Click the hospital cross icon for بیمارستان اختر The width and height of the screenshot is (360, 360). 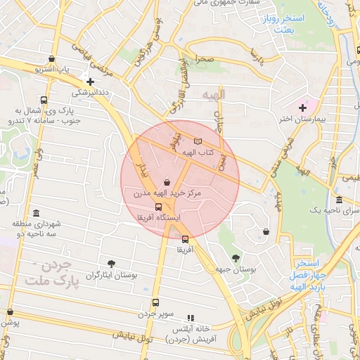pyautogui.click(x=302, y=108)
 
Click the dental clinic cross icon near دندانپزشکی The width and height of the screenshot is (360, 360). pyautogui.click(x=90, y=82)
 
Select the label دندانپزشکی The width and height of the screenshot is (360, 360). pyautogui.click(x=91, y=92)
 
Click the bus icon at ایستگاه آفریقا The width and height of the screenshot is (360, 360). pyautogui.click(x=158, y=207)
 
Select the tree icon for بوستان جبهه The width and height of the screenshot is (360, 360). pyautogui.click(x=234, y=258)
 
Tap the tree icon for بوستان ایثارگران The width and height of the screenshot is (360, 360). pyautogui.click(x=111, y=264)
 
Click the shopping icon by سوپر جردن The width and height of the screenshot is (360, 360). pyautogui.click(x=156, y=302)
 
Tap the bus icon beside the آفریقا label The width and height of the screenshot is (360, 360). pyautogui.click(x=185, y=239)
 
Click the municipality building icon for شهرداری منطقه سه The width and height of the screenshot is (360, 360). pyautogui.click(x=36, y=213)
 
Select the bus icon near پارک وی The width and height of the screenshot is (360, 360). pyautogui.click(x=44, y=101)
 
